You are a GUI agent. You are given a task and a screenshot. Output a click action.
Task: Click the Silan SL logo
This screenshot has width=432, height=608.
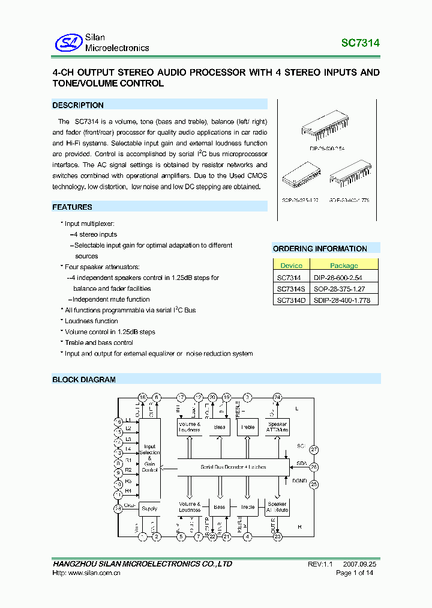coord(68,43)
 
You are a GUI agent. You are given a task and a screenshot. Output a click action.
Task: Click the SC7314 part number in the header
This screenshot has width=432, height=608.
coord(360,43)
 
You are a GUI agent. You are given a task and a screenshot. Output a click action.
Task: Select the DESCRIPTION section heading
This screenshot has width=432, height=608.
coord(78,105)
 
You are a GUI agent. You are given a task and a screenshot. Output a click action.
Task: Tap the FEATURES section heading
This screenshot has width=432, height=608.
coord(72,207)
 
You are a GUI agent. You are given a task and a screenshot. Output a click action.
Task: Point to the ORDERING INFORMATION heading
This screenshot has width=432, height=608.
coord(320,249)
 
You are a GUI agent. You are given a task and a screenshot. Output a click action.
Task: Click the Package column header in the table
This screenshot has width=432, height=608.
coord(344,265)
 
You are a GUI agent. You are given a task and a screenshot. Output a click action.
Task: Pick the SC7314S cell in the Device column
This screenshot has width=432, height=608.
coord(289,288)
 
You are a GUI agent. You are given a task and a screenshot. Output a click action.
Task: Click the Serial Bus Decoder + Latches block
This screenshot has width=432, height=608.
coord(233,467)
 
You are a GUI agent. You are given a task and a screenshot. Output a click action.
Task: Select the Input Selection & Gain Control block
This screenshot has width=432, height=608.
coord(149,458)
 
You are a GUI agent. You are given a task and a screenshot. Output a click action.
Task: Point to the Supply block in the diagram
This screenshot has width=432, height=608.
coord(149,509)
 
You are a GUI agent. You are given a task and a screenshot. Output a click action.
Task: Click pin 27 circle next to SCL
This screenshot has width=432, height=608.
coord(314,450)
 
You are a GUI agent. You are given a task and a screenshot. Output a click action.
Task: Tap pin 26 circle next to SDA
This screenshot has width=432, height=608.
coord(314,467)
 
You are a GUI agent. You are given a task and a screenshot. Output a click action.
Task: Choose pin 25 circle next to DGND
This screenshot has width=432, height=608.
coord(314,484)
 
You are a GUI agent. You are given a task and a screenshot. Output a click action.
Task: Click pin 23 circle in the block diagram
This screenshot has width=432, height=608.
coord(277,537)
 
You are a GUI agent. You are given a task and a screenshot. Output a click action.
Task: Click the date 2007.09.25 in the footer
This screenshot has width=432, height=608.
coord(360,564)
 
